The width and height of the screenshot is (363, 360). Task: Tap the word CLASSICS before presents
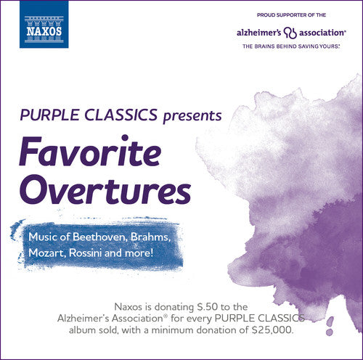pyautogui.click(x=119, y=115)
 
